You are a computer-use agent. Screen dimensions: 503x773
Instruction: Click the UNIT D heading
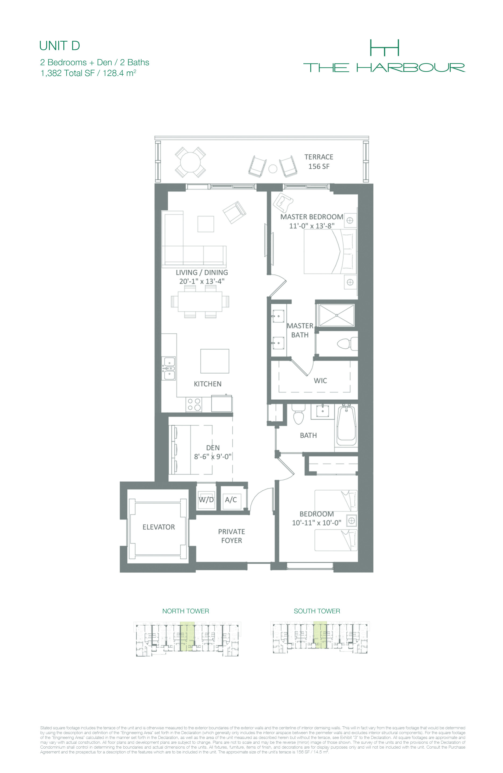59,46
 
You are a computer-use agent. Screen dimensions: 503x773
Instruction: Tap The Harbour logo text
384,68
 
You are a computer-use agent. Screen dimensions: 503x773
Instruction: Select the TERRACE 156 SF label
319,161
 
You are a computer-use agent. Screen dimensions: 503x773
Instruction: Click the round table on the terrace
191,162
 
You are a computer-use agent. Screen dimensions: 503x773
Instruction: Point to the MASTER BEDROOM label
311,217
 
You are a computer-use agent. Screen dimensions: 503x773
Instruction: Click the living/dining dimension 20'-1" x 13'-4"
202,281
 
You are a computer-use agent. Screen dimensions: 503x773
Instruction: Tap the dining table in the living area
200,301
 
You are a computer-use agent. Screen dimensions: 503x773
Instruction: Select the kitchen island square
215,361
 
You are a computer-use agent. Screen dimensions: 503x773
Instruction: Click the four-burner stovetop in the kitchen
194,405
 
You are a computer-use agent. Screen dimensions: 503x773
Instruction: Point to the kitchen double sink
169,368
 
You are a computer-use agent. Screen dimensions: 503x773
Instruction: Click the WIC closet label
320,381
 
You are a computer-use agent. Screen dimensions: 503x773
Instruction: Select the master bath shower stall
336,315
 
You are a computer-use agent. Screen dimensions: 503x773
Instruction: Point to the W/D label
206,499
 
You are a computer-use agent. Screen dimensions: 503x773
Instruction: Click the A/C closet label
231,499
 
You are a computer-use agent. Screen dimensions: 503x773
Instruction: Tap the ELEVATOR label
159,527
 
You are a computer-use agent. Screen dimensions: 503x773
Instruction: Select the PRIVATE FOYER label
232,536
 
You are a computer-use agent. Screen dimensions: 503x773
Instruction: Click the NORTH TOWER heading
186,611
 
